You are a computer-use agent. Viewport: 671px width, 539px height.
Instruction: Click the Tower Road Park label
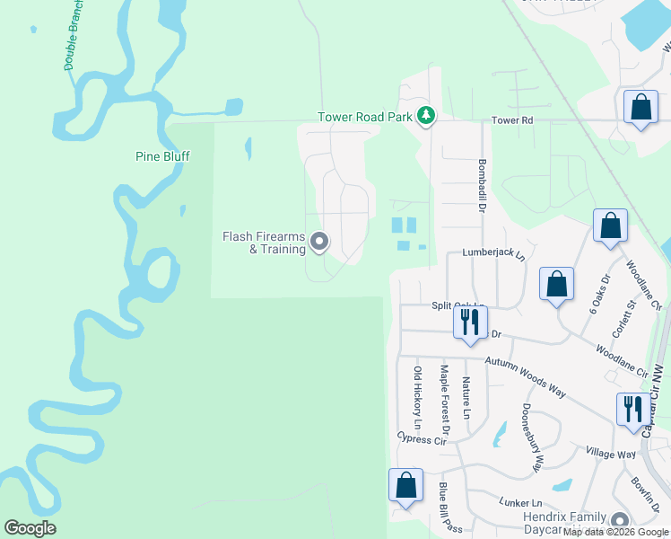pos(364,118)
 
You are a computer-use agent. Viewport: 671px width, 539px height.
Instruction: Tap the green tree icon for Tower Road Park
pos(428,117)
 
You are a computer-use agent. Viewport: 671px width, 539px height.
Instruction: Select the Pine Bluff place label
pos(162,156)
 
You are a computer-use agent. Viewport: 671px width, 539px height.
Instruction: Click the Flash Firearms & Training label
pos(264,243)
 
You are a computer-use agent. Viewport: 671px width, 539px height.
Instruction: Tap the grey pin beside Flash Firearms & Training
pos(319,242)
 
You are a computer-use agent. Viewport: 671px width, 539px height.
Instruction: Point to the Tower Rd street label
pos(512,120)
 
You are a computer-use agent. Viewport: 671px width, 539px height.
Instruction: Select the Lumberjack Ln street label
pos(492,254)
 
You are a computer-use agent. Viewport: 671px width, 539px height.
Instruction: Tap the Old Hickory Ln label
pos(417,396)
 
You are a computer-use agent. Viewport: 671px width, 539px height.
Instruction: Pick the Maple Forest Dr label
pos(443,400)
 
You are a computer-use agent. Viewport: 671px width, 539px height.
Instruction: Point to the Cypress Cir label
pos(422,439)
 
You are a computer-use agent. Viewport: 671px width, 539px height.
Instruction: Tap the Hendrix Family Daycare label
pos(564,523)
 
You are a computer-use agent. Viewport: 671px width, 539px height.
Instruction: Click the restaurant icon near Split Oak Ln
pos(470,322)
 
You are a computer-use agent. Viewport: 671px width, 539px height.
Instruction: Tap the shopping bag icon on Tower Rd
pos(640,108)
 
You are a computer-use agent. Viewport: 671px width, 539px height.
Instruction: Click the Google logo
pos(30,528)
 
